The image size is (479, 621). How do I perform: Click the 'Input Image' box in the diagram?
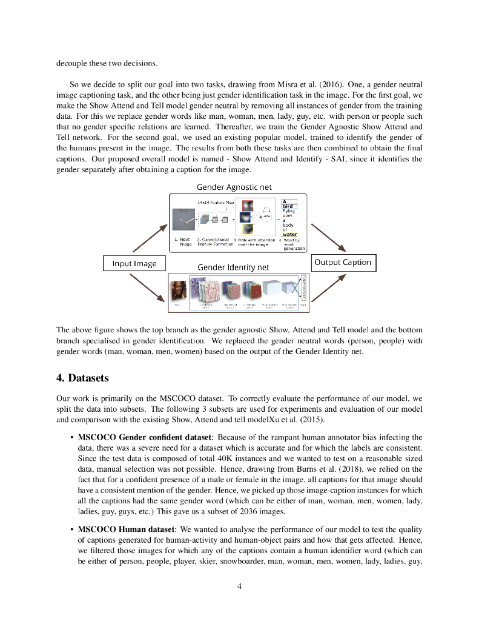click(x=134, y=263)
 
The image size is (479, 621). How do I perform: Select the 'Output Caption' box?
click(x=343, y=262)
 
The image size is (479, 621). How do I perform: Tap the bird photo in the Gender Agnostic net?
click(x=185, y=218)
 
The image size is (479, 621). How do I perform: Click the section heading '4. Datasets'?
click(x=82, y=378)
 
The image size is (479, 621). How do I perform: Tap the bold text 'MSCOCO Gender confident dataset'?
click(x=145, y=437)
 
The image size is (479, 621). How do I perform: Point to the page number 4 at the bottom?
click(x=240, y=585)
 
